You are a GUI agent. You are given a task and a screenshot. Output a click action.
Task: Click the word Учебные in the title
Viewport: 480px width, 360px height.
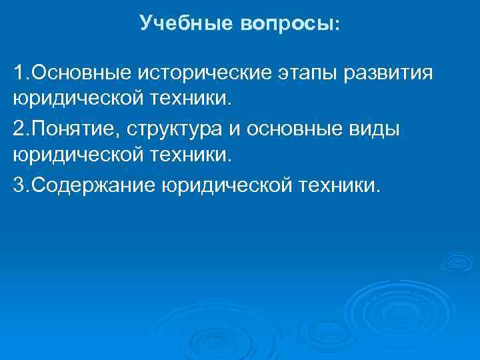tap(177, 24)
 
